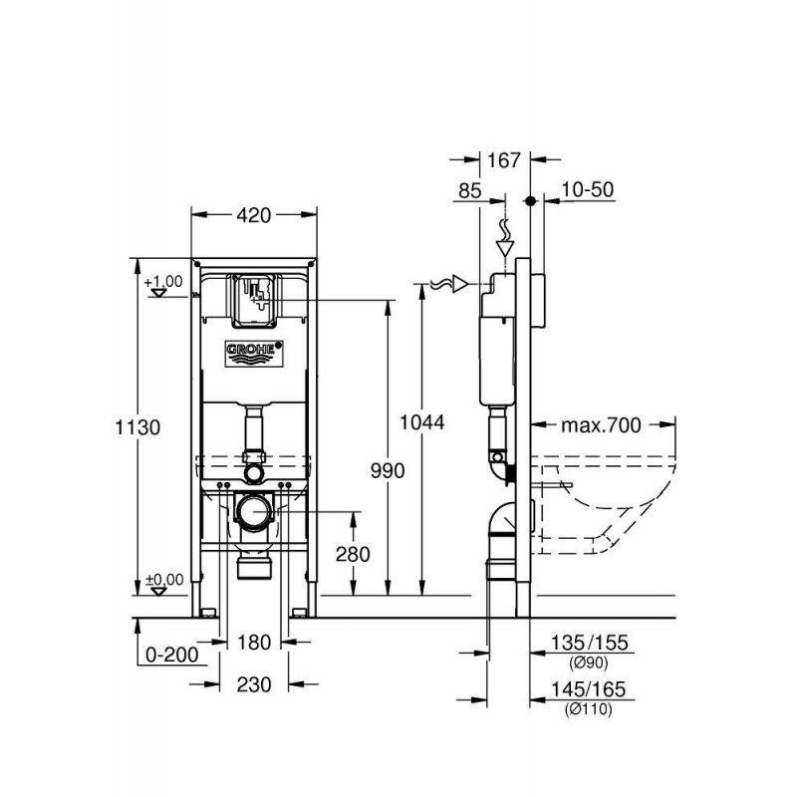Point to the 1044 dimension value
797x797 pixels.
[423, 421]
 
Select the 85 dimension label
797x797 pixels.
[470, 189]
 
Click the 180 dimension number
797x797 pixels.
[255, 643]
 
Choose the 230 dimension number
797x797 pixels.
[255, 684]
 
